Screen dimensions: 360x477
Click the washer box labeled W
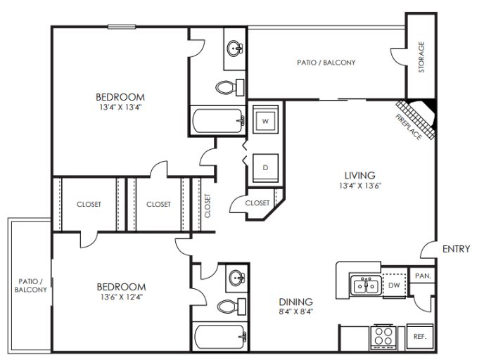[265, 121]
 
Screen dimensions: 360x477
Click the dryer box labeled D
[265, 167]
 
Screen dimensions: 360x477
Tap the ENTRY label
[456, 249]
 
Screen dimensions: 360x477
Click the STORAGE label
[421, 57]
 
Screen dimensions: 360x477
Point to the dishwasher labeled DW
[395, 285]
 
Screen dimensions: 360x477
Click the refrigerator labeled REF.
[420, 337]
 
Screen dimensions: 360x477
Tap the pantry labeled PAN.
[422, 276]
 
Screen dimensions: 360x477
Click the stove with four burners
[384, 336]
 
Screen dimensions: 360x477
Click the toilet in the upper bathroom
[227, 88]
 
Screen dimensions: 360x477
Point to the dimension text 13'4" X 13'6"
[360, 187]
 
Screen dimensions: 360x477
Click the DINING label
[295, 302]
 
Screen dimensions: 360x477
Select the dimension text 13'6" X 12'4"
[121, 298]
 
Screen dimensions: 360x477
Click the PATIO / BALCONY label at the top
[326, 63]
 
